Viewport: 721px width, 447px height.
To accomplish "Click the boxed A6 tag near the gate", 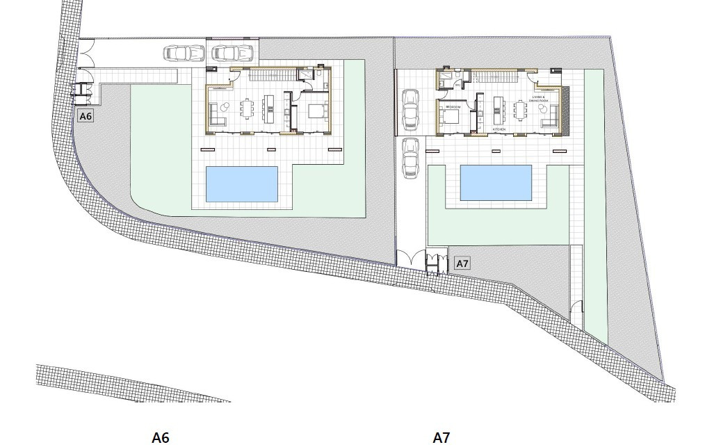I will coord(86,116).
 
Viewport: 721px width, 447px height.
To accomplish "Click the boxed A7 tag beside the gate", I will coord(462,263).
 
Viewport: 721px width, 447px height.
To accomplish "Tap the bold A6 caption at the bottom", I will coord(161,437).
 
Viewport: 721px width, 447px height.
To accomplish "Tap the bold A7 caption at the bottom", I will coord(441,437).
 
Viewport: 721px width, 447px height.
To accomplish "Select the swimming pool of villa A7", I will coord(496,182).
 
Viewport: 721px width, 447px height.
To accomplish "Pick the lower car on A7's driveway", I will coord(410,156).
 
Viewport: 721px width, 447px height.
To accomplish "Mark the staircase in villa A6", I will coord(268,75).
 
